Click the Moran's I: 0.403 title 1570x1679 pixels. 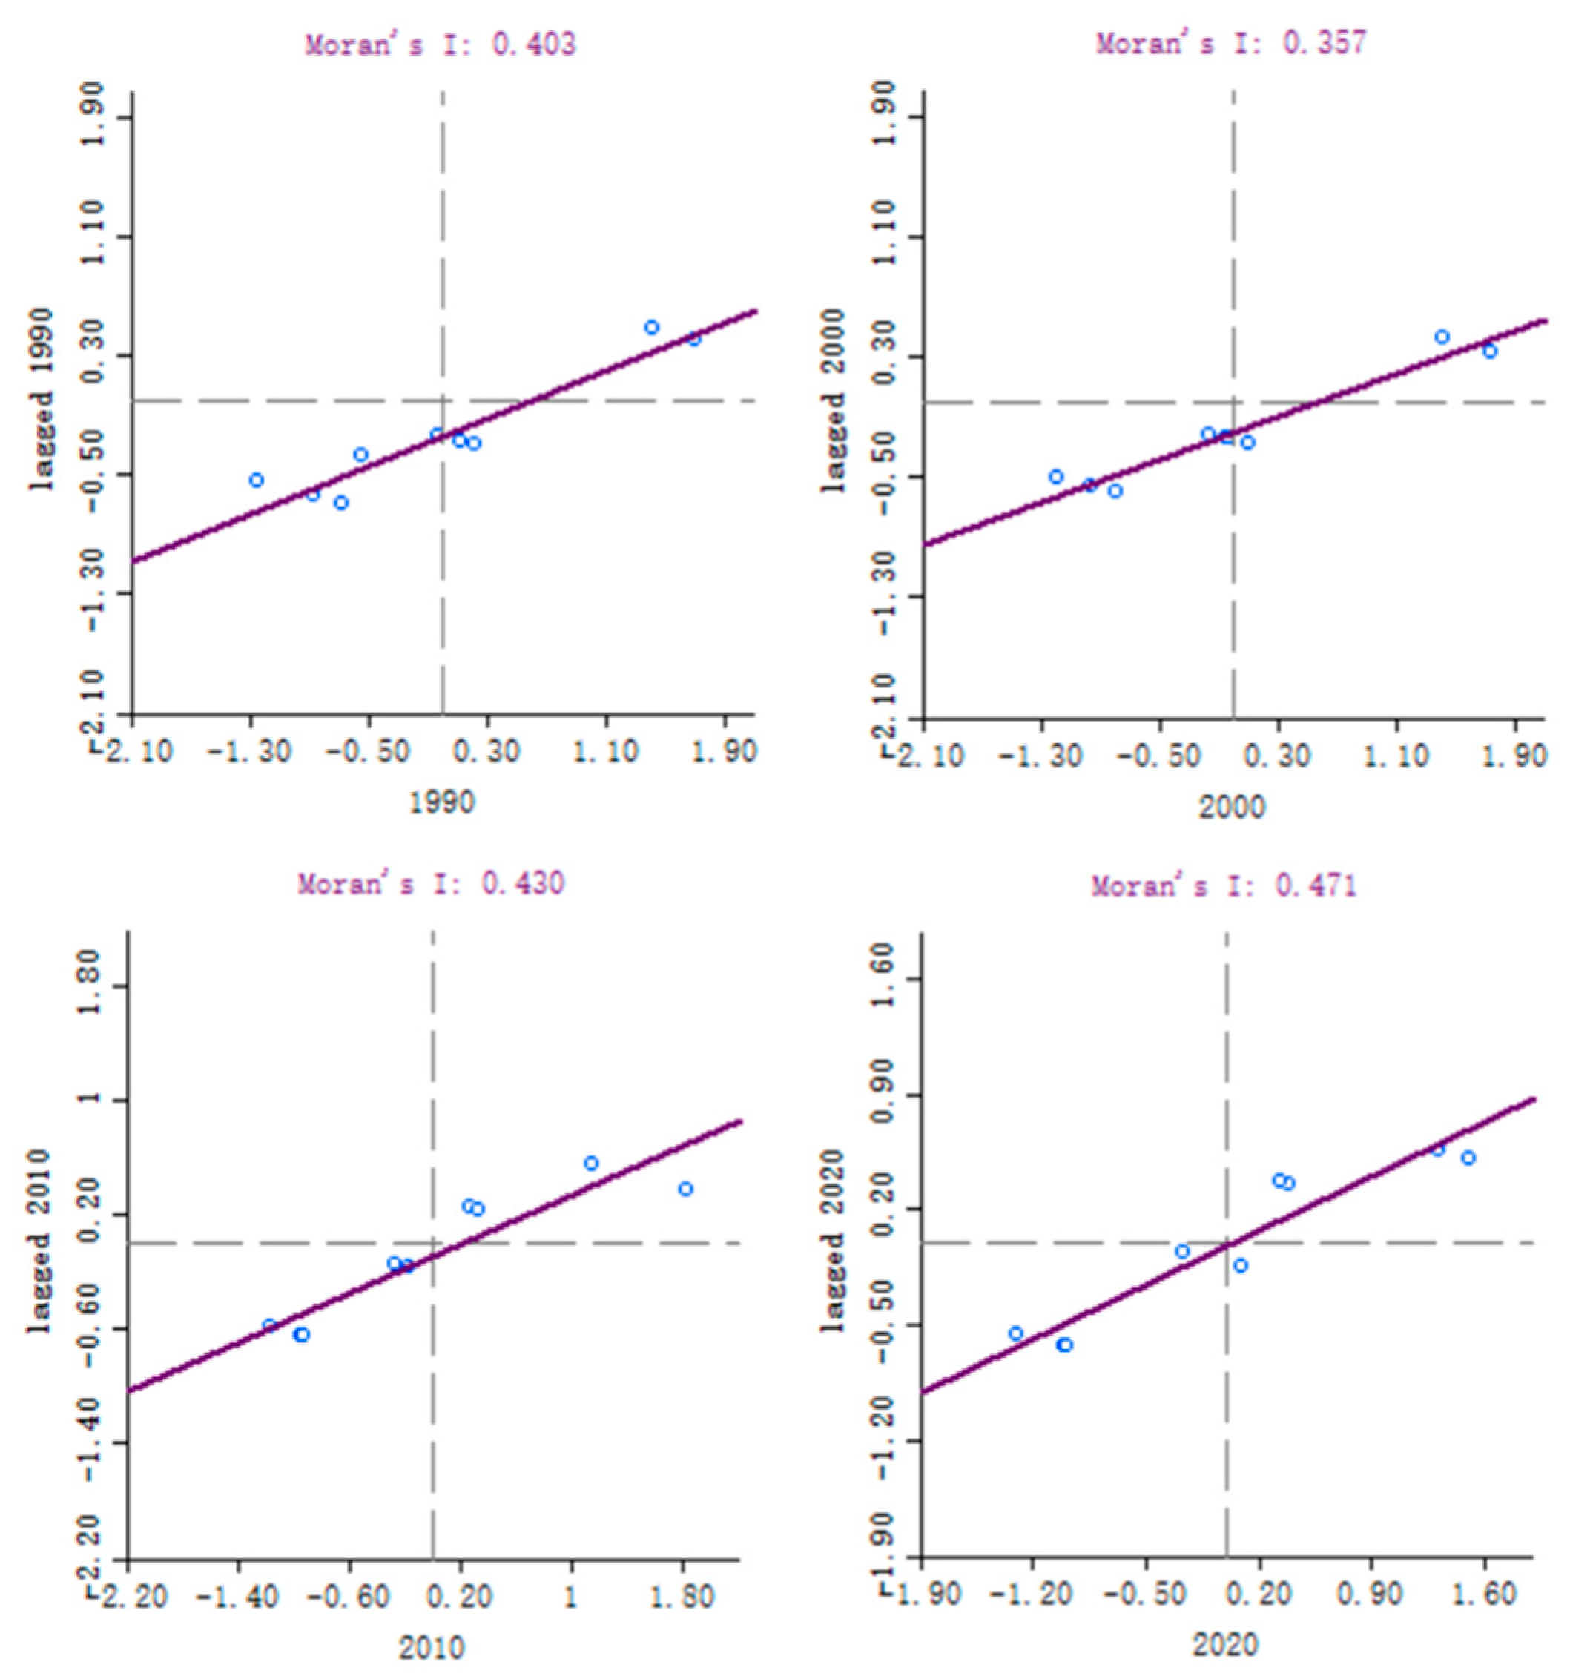[440, 44]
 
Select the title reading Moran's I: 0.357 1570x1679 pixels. [1230, 42]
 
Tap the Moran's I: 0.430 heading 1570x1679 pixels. [431, 883]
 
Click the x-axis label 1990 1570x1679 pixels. [442, 802]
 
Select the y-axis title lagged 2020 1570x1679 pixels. [833, 1241]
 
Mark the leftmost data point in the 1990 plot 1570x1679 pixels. [257, 480]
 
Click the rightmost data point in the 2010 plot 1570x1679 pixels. [686, 1188]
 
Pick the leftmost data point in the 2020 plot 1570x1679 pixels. [1016, 1333]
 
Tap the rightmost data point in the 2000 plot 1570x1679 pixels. [1490, 351]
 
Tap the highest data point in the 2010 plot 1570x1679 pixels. [591, 1163]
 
